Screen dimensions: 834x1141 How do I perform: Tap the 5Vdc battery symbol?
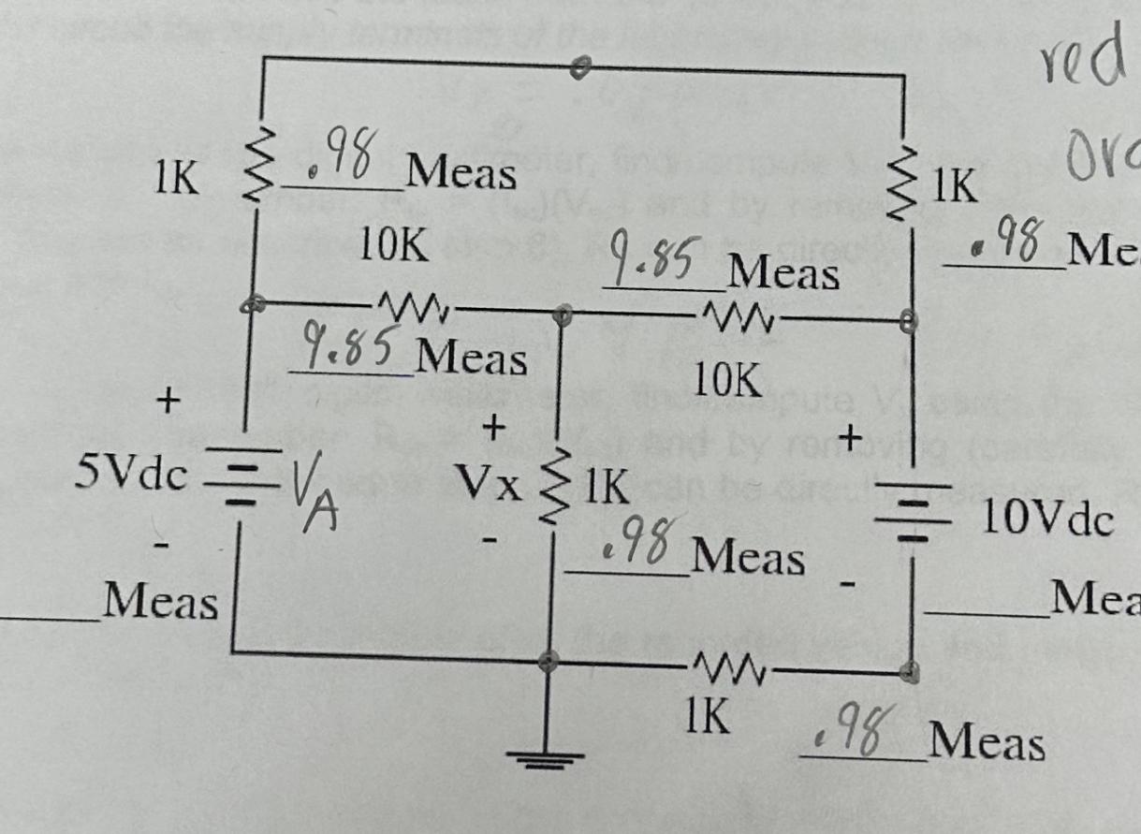pyautogui.click(x=241, y=488)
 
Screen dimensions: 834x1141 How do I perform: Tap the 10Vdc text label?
pyautogui.click(x=1047, y=517)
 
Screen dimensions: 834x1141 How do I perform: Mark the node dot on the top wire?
pyautogui.click(x=580, y=67)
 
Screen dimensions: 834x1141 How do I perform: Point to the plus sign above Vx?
pyautogui.click(x=493, y=430)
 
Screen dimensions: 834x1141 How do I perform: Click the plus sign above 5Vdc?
pyautogui.click(x=166, y=402)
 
